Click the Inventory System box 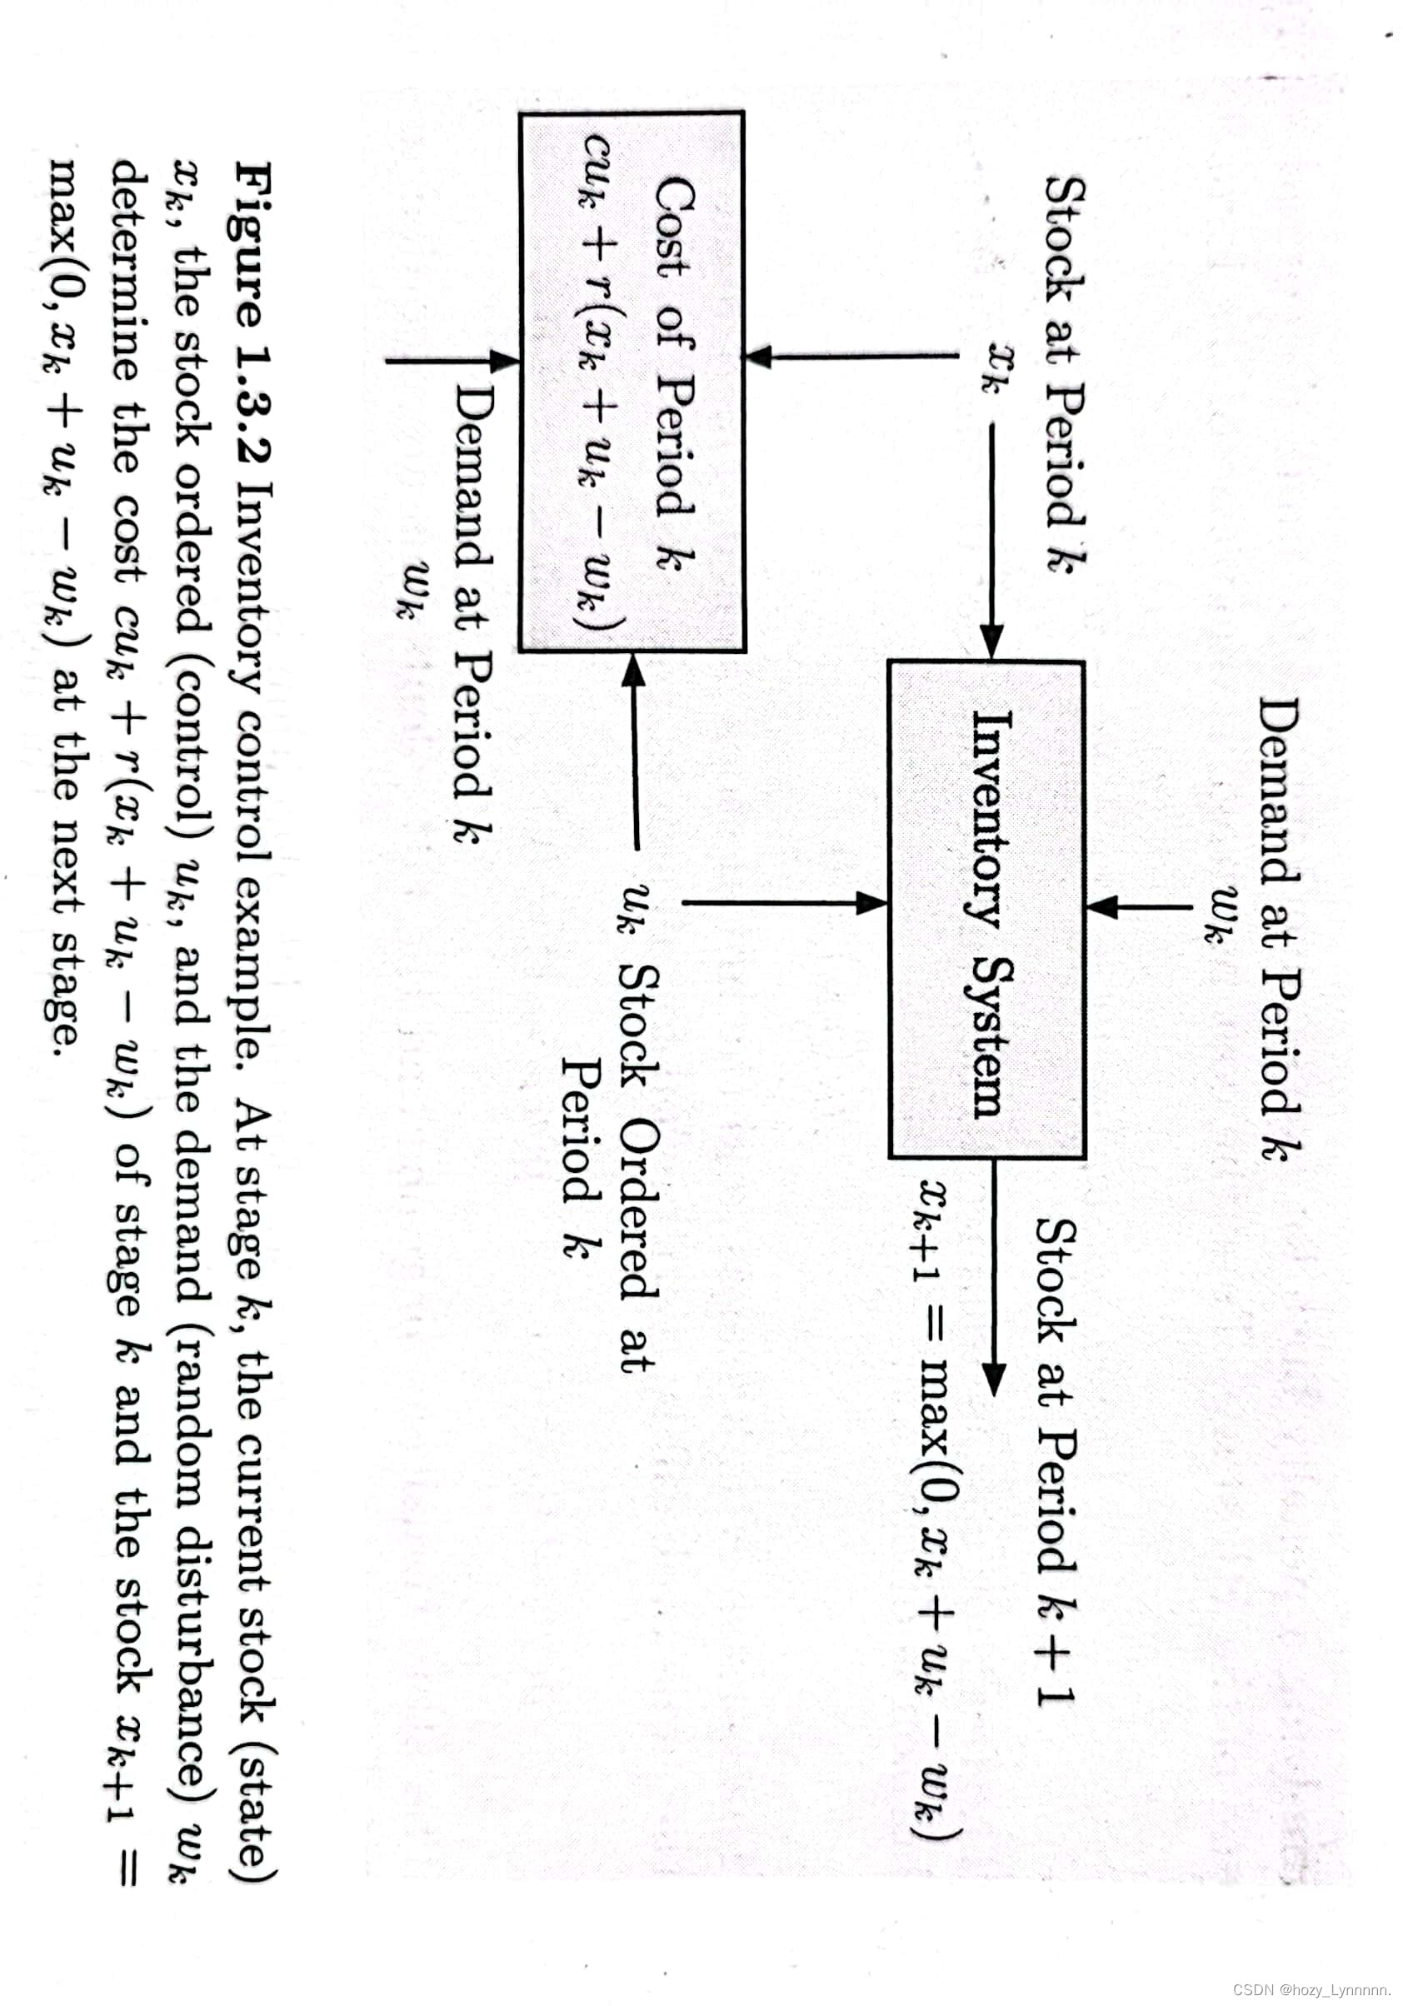pyautogui.click(x=986, y=909)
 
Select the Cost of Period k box pyautogui.click(x=632, y=382)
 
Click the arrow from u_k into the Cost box pyautogui.click(x=635, y=751)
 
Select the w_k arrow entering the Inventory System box pyautogui.click(x=1139, y=906)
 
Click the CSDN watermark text pyautogui.click(x=1311, y=1989)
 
